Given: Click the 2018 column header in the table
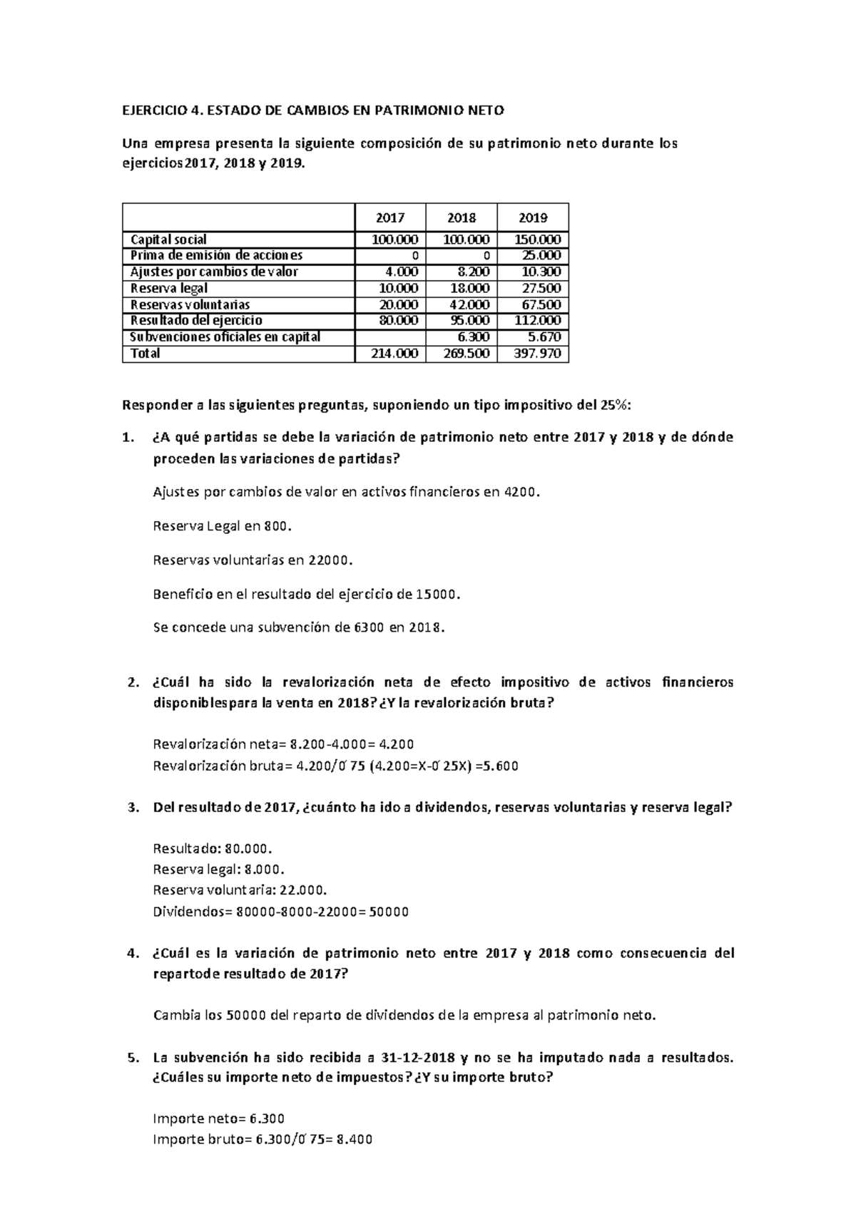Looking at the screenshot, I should pos(462,217).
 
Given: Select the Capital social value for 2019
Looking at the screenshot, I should pos(537,240).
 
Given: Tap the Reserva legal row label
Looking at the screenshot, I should pos(169,288).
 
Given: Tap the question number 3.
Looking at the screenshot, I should pos(132,808).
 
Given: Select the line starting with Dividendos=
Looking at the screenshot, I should pos(281,911).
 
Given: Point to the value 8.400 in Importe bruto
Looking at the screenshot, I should pos(354,1139).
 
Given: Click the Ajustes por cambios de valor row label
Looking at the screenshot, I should pos(214,272).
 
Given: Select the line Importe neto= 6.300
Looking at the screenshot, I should pos(219,1118).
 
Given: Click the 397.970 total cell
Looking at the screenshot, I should pos(538,354).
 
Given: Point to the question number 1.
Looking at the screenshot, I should pos(128,437).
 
